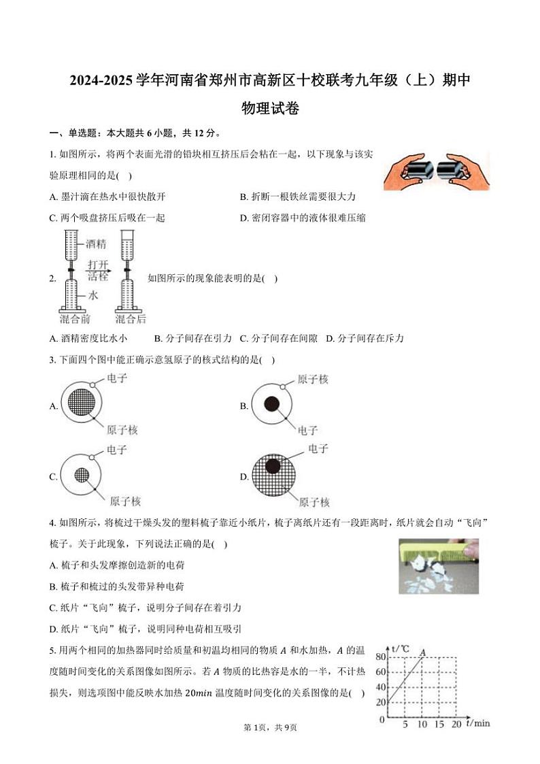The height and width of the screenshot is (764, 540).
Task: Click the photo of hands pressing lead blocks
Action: (435, 171)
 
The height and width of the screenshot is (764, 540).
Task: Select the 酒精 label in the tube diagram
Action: (99, 243)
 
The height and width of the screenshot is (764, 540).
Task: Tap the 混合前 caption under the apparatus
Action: (75, 319)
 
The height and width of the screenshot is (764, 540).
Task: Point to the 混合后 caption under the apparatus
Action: (130, 319)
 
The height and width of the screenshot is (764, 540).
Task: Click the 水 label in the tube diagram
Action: (92, 295)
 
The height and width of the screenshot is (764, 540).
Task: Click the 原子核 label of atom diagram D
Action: (314, 502)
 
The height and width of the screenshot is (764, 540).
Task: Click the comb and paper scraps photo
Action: (438, 566)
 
